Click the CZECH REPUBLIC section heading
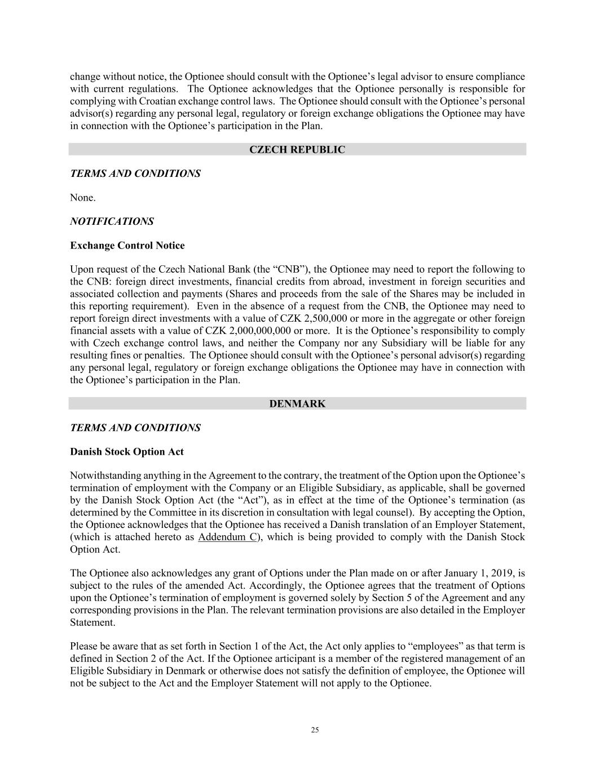(297, 149)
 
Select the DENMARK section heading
(297, 403)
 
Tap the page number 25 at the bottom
(315, 730)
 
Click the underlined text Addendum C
(228, 537)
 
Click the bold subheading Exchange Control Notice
(127, 246)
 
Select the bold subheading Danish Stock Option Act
(126, 452)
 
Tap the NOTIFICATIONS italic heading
(112, 221)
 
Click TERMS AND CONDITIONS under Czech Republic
(135, 174)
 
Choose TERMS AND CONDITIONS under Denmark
(135, 428)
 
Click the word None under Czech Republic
(82, 198)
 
